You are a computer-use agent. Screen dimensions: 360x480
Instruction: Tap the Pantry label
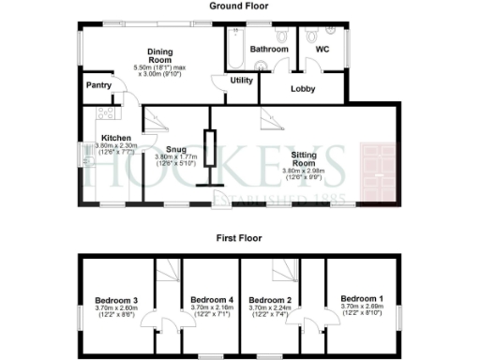point(98,85)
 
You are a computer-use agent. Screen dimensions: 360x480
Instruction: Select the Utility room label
point(242,81)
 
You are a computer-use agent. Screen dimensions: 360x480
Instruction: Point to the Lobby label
point(302,90)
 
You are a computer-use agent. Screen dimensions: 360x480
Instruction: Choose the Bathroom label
point(269,47)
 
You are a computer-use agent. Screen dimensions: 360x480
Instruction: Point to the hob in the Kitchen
point(105,113)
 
